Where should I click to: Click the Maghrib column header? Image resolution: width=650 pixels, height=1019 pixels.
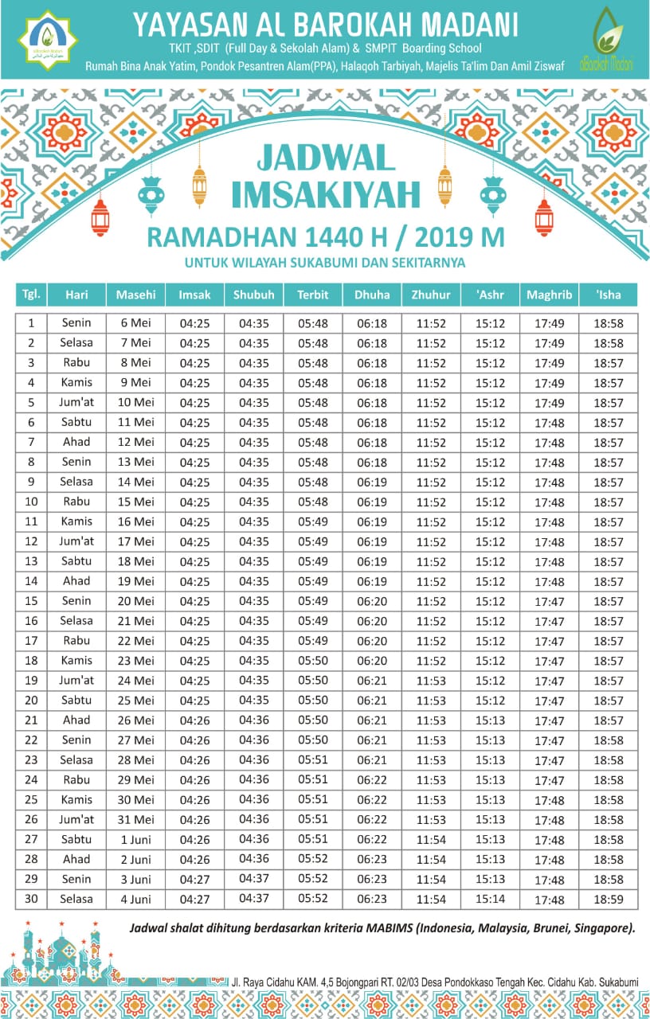[x=549, y=295]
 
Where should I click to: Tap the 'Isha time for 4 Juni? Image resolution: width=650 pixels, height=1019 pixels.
[x=609, y=900]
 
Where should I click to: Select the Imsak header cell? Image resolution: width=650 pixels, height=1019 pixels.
[x=194, y=295]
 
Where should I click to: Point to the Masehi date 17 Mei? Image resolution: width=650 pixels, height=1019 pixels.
[x=135, y=541]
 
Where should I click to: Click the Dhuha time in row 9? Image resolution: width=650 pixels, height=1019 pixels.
[x=372, y=482]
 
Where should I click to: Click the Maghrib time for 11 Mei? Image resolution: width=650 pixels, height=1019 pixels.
[x=549, y=423]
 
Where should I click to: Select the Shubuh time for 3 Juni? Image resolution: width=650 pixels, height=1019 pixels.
[x=253, y=880]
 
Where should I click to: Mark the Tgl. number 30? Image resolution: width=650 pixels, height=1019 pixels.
[x=31, y=899]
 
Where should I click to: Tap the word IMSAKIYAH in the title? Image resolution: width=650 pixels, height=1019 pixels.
[x=326, y=197]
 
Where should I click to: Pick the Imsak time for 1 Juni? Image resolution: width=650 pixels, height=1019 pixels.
[x=194, y=840]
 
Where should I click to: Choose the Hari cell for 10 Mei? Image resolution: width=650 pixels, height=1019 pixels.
[x=76, y=402]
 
